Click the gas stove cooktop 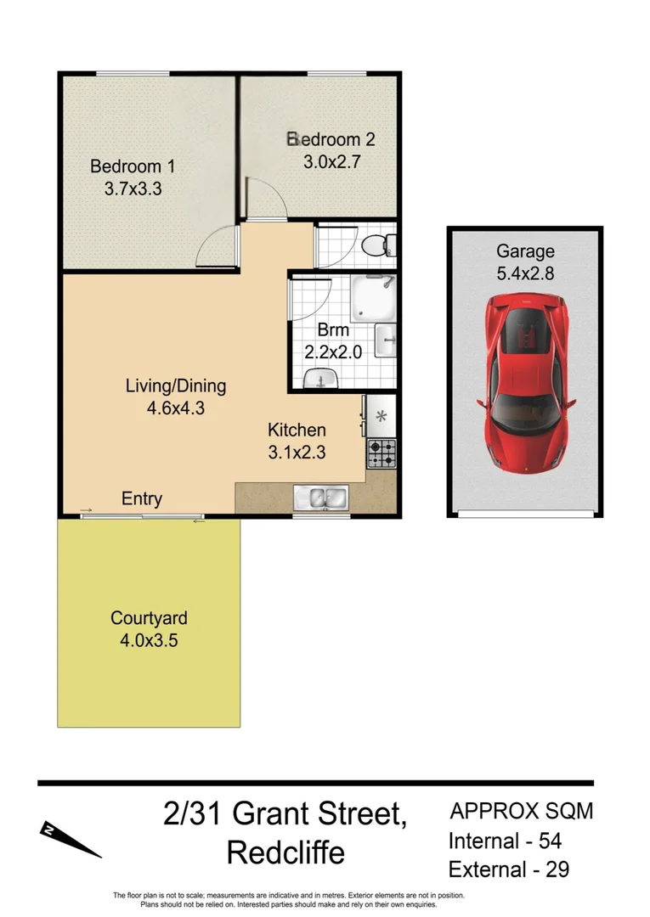(382, 453)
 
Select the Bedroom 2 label (331, 139)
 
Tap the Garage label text (525, 251)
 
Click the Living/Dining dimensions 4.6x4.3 (176, 408)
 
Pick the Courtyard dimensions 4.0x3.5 (149, 640)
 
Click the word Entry (142, 498)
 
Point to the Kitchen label (297, 430)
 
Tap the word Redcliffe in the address (285, 852)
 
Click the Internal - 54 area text (505, 841)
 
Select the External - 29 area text (508, 869)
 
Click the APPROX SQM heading (521, 811)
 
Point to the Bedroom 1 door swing (216, 248)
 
